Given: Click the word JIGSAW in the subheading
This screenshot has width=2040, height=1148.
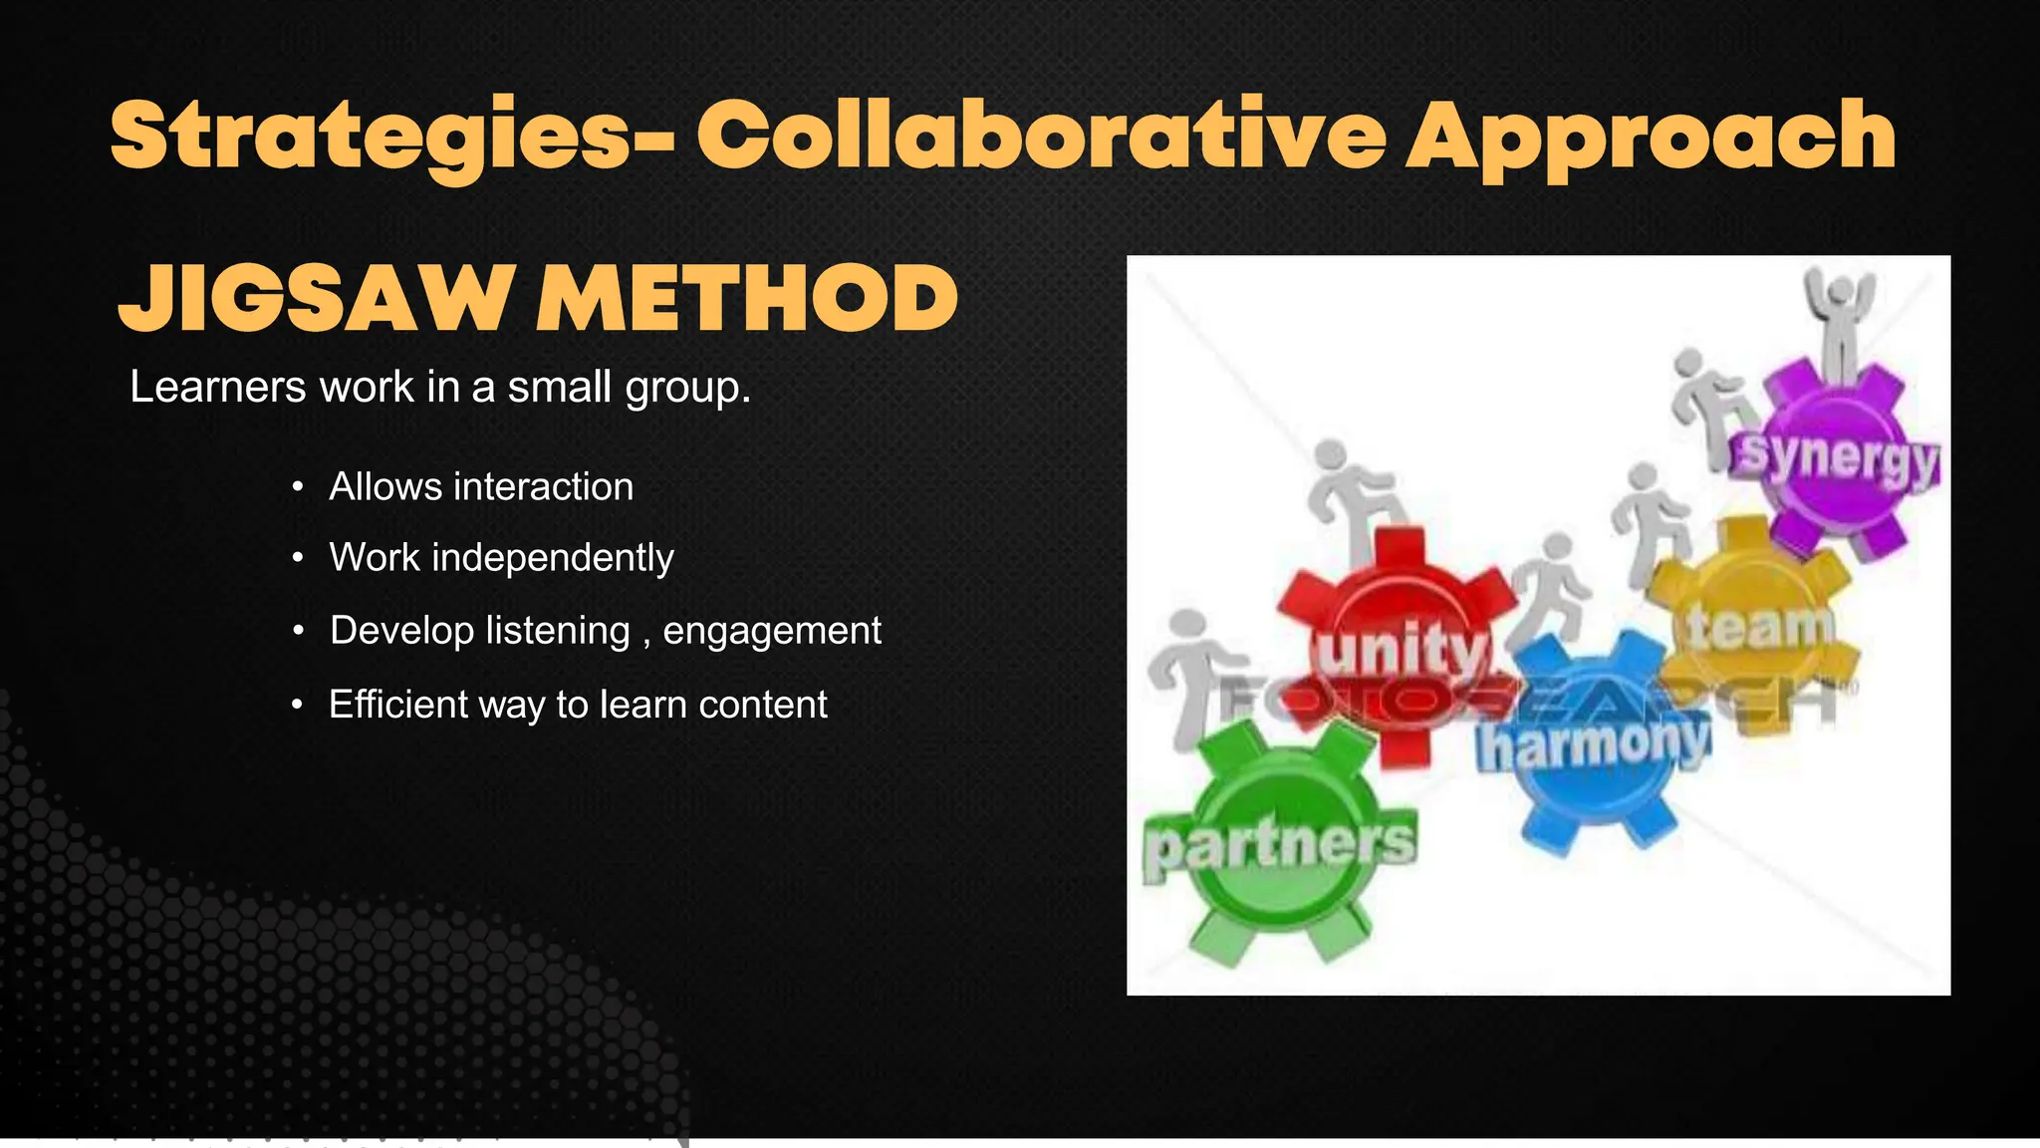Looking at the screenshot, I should pos(317,299).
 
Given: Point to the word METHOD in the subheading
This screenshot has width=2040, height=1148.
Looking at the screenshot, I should pos(747,299).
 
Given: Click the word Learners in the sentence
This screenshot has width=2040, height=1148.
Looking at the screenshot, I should pos(217,387).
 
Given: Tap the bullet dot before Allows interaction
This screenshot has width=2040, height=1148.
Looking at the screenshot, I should pos(298,488).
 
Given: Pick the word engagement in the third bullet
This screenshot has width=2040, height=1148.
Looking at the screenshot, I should pos(772,631).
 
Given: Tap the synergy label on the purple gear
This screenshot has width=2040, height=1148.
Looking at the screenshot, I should pos(1839,458).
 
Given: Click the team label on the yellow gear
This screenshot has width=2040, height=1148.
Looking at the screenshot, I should pos(1760,628).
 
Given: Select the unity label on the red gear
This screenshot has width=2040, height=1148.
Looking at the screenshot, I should pos(1402,650).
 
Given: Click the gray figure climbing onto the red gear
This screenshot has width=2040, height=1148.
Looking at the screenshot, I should pos(1355,498).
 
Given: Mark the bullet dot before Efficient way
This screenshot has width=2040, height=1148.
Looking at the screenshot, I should pos(298,706).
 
